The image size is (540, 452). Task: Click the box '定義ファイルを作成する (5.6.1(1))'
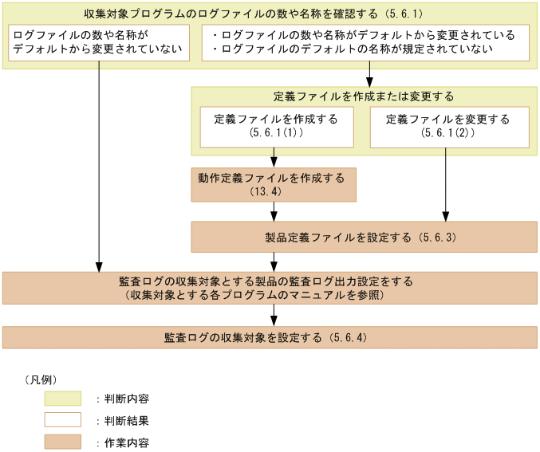(x=275, y=127)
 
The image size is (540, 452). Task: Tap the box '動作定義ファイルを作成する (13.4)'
(x=273, y=184)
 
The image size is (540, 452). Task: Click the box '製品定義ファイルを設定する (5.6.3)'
(x=363, y=237)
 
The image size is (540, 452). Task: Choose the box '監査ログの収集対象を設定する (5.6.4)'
(x=270, y=337)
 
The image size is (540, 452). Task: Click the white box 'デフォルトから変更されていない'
(x=99, y=43)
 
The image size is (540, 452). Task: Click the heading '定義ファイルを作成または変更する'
(x=363, y=96)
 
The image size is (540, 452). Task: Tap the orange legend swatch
(x=63, y=442)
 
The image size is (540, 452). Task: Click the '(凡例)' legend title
(x=40, y=379)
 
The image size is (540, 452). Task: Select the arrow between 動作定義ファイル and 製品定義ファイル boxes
(x=275, y=211)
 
